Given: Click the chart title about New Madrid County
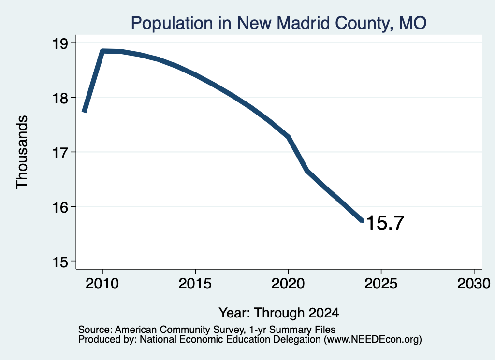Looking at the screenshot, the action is (278, 23).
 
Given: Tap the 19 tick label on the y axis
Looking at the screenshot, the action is (60, 43).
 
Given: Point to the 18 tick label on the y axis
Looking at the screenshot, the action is (60, 98).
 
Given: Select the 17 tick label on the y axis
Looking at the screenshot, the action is (60, 153).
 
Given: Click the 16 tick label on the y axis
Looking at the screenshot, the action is (60, 208).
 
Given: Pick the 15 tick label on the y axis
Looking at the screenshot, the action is (60, 262).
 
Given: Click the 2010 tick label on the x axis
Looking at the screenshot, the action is (102, 283).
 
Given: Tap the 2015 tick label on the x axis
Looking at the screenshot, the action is (195, 283).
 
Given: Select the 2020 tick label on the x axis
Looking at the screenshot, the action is (288, 283).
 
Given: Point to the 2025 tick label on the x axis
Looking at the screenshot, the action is (381, 283).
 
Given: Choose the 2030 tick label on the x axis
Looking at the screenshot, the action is (474, 283).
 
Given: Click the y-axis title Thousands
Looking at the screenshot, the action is (22, 152).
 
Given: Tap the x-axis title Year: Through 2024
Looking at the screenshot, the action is (279, 313).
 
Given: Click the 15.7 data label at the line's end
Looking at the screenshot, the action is (385, 223).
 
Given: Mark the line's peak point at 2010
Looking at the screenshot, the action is (102, 51).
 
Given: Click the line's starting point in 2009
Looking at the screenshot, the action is (84, 111).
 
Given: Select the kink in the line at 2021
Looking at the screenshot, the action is (306, 171).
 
